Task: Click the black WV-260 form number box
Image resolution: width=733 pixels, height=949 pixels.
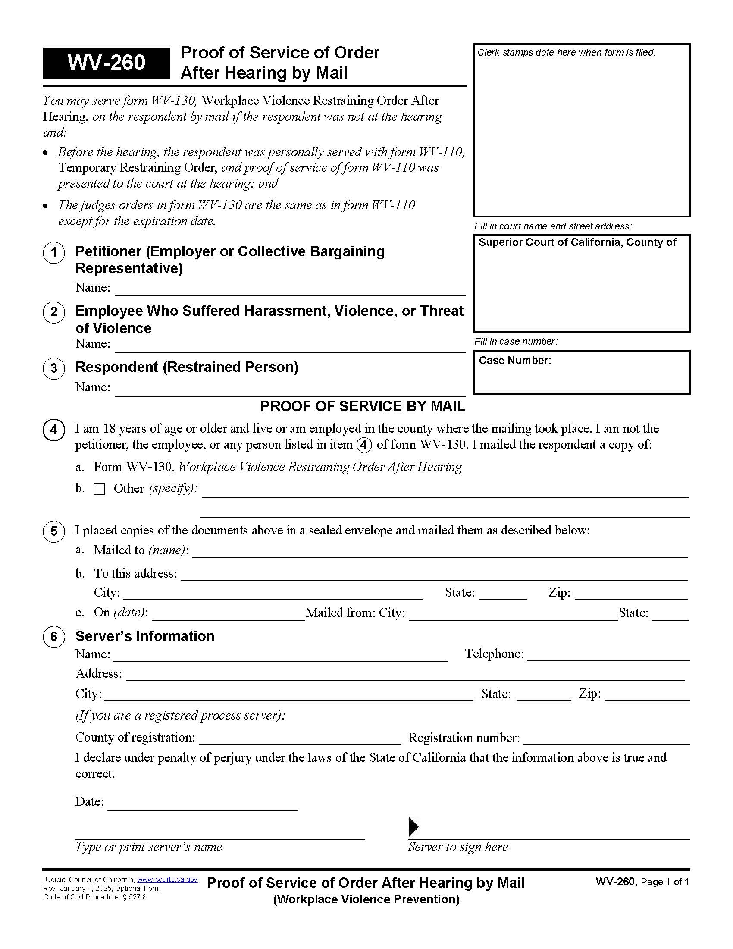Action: click(106, 63)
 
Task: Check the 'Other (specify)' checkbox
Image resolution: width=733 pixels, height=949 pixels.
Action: click(100, 489)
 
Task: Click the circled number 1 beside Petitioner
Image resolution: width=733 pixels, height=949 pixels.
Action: click(54, 252)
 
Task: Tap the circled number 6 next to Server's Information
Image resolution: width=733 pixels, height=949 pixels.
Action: click(54, 637)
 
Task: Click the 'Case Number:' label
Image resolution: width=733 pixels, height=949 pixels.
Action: click(514, 361)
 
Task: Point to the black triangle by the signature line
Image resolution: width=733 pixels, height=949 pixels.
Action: click(413, 827)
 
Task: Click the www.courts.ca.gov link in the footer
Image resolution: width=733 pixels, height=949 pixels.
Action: click(167, 880)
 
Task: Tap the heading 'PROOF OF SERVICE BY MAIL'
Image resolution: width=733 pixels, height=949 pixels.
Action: click(363, 406)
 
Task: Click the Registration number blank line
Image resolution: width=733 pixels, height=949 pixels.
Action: click(607, 739)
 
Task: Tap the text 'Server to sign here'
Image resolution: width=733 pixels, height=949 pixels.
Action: click(457, 847)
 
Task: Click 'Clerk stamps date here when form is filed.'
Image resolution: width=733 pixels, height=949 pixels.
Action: click(566, 53)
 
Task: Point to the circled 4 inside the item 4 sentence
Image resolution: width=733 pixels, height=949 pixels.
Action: click(364, 445)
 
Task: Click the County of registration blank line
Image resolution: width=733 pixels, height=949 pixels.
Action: click(299, 739)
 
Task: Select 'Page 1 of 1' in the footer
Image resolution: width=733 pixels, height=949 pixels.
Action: click(664, 882)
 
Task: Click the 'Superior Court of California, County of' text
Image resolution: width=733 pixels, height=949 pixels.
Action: click(577, 242)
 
